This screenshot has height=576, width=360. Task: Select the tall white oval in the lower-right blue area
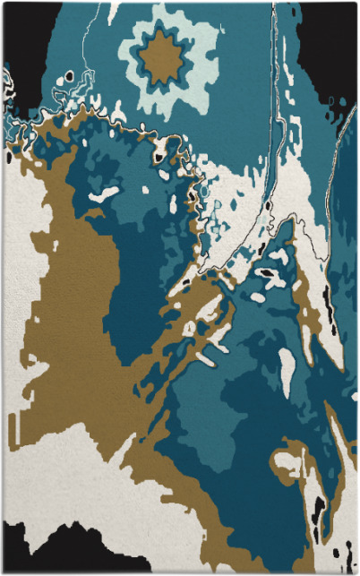[x=287, y=366]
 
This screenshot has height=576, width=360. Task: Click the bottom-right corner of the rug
[x=355, y=571]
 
